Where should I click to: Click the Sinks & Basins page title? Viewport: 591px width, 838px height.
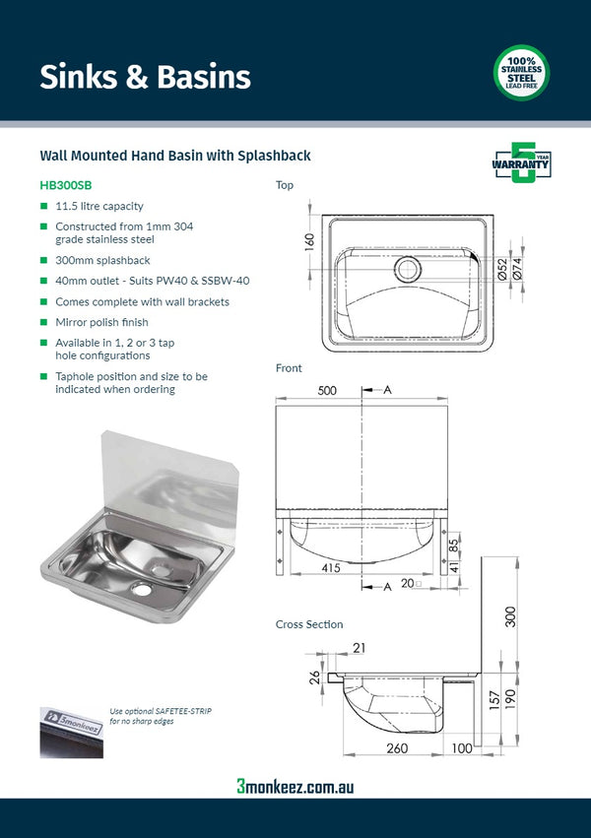[145, 77]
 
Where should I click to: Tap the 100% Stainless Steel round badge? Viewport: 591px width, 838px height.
[521, 73]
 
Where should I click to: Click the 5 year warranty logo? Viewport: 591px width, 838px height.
[521, 163]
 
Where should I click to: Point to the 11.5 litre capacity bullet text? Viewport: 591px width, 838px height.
[98, 207]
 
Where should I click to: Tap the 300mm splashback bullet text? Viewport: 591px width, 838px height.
[102, 260]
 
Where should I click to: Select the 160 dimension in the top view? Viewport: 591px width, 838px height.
[308, 239]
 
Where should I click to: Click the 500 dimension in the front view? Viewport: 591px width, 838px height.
[327, 391]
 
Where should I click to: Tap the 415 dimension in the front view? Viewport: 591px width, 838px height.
[331, 568]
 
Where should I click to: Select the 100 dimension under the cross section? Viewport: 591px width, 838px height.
[463, 749]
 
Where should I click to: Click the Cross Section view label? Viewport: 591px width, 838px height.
[309, 624]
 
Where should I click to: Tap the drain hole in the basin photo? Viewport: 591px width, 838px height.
[143, 589]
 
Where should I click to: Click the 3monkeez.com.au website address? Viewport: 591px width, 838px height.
[295, 786]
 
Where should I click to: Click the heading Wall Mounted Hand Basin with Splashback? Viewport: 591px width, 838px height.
[175, 156]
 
